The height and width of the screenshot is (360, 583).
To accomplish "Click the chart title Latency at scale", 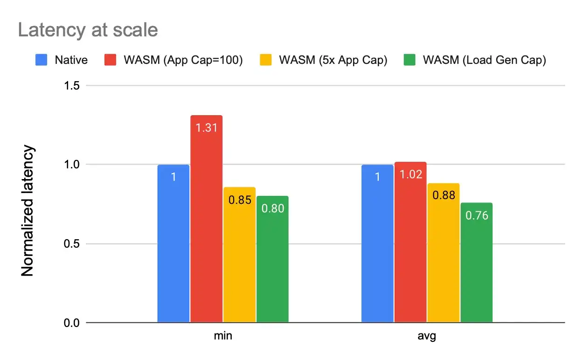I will pyautogui.click(x=88, y=30).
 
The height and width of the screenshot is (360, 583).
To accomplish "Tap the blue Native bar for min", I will pyautogui.click(x=174, y=243).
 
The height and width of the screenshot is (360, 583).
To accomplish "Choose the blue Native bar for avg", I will pyautogui.click(x=378, y=243).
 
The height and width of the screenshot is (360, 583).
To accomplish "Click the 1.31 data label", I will pyautogui.click(x=206, y=128).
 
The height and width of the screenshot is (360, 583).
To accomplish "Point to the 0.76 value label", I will pyautogui.click(x=476, y=216).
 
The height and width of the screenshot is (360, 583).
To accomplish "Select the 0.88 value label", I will pyautogui.click(x=444, y=196).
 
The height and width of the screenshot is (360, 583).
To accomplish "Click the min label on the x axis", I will pyautogui.click(x=223, y=336).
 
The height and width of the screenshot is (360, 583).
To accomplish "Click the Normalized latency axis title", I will pyautogui.click(x=28, y=210).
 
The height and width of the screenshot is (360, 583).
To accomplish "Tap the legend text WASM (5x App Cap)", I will pyautogui.click(x=333, y=60).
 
